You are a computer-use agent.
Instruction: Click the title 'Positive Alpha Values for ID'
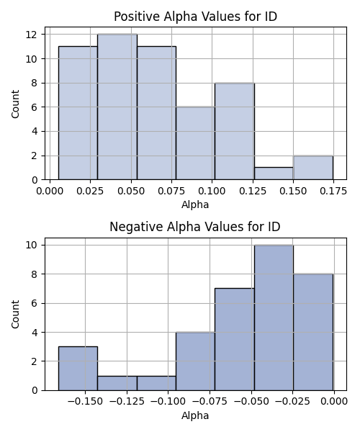pyautogui.click(x=195, y=17)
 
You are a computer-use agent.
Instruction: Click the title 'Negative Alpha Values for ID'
pyautogui.click(x=195, y=227)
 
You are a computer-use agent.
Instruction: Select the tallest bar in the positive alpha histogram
pyautogui.click(x=117, y=107)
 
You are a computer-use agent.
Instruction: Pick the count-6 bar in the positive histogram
pyautogui.click(x=196, y=143)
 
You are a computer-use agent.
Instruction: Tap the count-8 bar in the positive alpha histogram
pyautogui.click(x=235, y=131)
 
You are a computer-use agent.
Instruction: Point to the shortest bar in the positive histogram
pyautogui.click(x=274, y=174)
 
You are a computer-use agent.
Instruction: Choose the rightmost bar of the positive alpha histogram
pyautogui.click(x=313, y=168)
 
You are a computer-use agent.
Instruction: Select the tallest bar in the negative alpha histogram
pyautogui.click(x=274, y=318)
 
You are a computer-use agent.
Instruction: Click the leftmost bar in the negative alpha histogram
pyautogui.click(x=78, y=369)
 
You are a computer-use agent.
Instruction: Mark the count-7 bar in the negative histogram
pyautogui.click(x=235, y=339)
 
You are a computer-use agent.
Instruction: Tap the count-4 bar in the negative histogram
pyautogui.click(x=196, y=361)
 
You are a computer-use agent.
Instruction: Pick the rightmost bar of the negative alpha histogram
pyautogui.click(x=313, y=332)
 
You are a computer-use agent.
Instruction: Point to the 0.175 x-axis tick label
pyautogui.click(x=333, y=191)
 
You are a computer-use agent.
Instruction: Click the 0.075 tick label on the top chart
pyautogui.click(x=171, y=191)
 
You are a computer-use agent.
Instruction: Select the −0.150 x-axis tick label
pyautogui.click(x=85, y=402)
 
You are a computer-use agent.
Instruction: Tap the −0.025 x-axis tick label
pyautogui.click(x=293, y=402)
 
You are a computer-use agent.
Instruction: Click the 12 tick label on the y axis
pyautogui.click(x=32, y=35)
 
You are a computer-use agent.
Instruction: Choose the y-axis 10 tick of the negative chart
pyautogui.click(x=32, y=245)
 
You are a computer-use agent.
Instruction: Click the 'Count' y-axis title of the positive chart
pyautogui.click(x=15, y=104)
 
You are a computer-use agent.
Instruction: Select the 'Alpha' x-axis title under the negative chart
pyautogui.click(x=195, y=415)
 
